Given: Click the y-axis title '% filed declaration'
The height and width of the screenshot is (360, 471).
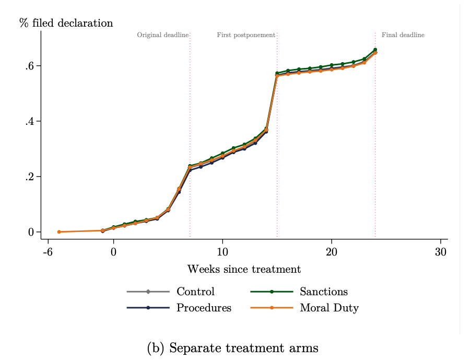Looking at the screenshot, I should [x=66, y=23].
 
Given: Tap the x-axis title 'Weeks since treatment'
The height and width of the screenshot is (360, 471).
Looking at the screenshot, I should [x=244, y=270].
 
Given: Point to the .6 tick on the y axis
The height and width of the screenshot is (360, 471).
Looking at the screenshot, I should [x=30, y=66].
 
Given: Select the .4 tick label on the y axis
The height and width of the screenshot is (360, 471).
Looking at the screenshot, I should [x=30, y=121].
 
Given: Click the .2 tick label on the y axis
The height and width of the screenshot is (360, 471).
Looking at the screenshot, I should [x=30, y=177].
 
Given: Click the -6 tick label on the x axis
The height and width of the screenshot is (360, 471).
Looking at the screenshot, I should [x=48, y=250].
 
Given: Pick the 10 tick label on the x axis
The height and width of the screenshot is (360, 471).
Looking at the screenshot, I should [x=222, y=250].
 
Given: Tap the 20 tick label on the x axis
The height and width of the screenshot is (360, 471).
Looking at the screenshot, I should [x=331, y=250].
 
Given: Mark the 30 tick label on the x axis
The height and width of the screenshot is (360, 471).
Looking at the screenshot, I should [x=440, y=250].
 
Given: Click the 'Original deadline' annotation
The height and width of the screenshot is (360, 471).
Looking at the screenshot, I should [x=162, y=36].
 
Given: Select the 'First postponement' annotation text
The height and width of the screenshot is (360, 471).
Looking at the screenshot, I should [x=246, y=36].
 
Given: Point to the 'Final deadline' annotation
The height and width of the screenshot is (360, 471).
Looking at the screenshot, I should [x=403, y=36].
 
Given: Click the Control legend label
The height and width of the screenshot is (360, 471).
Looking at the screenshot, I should [x=195, y=292].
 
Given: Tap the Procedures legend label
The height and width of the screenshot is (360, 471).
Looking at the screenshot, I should [x=204, y=308].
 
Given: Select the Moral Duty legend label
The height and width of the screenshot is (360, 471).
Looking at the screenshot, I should [x=329, y=308].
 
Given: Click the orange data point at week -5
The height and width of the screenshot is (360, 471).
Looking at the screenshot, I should [x=59, y=231].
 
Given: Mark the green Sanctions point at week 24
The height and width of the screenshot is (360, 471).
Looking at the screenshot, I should [x=375, y=50].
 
